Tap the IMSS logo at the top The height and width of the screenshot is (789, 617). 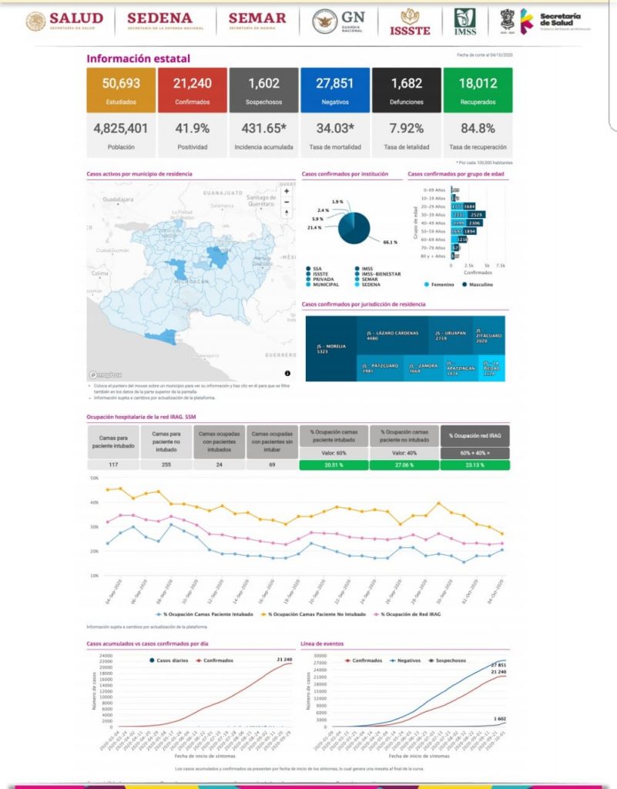(464, 21)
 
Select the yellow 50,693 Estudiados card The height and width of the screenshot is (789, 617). (121, 90)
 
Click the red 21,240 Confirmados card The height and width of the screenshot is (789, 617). (192, 90)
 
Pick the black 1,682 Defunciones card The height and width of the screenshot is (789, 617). (406, 90)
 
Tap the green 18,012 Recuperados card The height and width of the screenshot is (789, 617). (478, 90)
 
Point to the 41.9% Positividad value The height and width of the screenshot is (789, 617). (192, 129)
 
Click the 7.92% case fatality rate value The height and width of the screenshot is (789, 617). (406, 129)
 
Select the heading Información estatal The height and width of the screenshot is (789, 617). (138, 59)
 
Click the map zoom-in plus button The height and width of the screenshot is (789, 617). (287, 190)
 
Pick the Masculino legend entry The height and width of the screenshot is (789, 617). (479, 284)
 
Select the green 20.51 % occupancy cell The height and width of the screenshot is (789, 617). (334, 465)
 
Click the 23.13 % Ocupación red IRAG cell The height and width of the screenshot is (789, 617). (478, 465)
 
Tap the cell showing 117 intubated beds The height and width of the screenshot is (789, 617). (112, 465)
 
